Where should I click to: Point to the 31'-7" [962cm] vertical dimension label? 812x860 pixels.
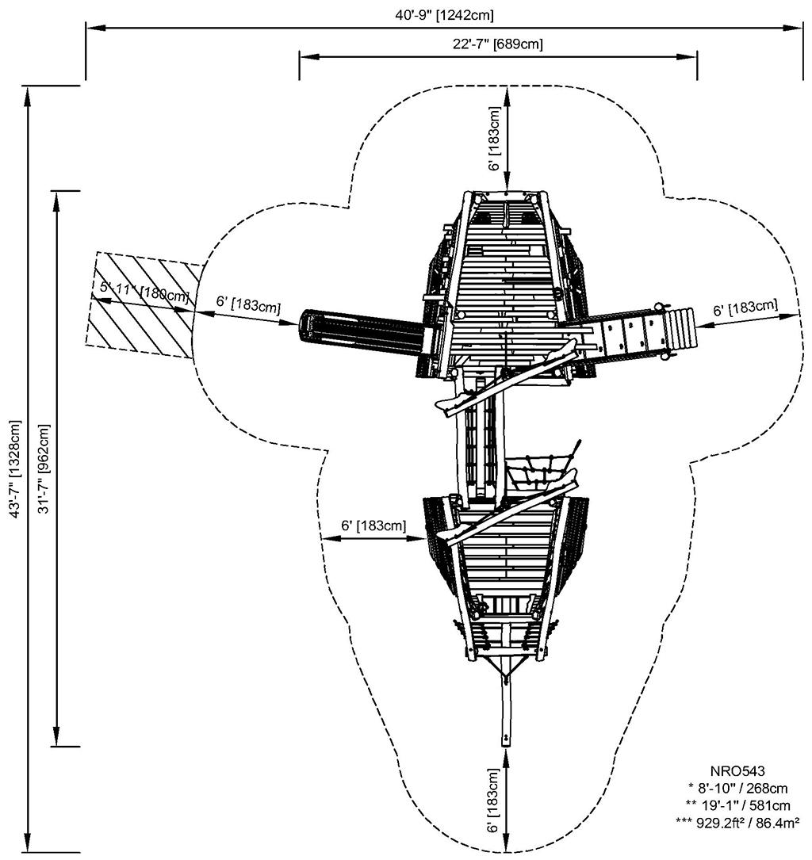pos(44,468)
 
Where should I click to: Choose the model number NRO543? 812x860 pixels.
pos(737,770)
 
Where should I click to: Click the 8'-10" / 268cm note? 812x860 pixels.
pos(737,787)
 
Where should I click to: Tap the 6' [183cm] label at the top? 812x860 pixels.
pos(494,140)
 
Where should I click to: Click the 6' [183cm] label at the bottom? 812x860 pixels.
pos(494,801)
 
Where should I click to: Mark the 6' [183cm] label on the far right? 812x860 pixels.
pos(745,307)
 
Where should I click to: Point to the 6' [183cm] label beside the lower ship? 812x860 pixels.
pos(373,526)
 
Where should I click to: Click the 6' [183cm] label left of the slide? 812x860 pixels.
pos(248,304)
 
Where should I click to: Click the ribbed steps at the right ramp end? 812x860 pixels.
pos(681,327)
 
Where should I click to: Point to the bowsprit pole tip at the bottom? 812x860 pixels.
pos(505,740)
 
